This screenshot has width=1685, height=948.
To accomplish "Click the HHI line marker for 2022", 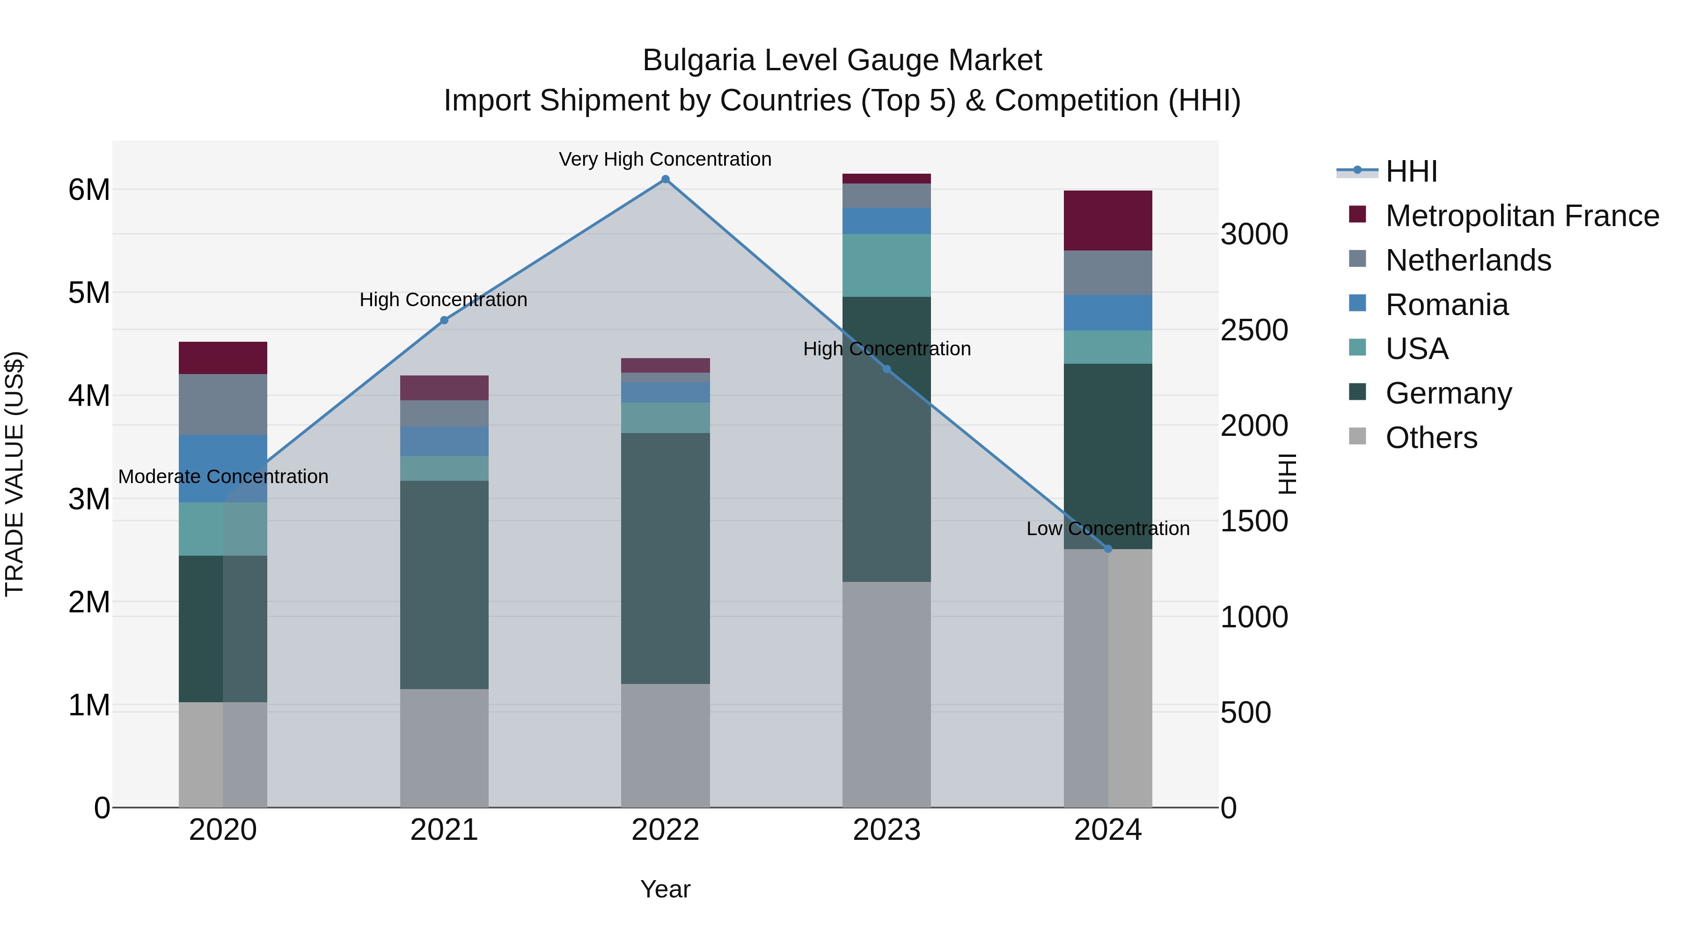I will point(665,179).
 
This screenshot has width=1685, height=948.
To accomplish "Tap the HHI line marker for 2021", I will point(444,320).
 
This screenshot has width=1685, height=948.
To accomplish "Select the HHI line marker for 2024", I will point(1108,549).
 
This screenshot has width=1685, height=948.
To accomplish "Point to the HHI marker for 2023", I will point(887,369).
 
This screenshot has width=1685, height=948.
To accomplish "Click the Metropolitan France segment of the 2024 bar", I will point(1108,220).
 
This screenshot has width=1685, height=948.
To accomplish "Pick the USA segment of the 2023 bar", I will point(886,265).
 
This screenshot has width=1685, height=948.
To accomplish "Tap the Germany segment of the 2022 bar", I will point(665,558).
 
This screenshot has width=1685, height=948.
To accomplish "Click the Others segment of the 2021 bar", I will point(444,748).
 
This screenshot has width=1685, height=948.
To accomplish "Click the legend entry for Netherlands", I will point(1468,260).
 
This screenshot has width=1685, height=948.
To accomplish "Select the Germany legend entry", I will point(1448,393).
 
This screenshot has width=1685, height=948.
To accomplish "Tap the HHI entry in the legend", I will point(1411,171).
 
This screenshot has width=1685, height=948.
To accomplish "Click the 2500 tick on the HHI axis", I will point(1254,331).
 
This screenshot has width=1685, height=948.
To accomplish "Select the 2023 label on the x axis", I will point(886,830).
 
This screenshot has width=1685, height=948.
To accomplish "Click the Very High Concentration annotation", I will point(665,159).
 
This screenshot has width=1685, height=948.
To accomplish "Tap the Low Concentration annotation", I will point(1107,529).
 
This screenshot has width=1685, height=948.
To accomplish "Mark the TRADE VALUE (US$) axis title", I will point(15,474).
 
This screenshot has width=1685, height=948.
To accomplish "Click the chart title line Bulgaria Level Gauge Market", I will point(842,60).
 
